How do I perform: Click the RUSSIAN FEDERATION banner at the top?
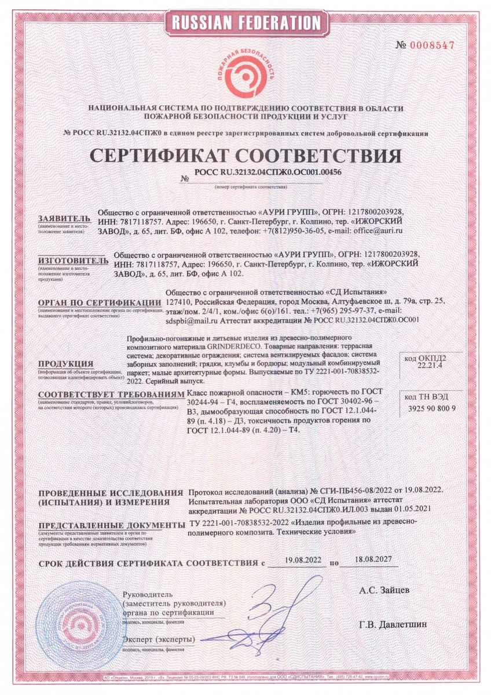click(245, 23)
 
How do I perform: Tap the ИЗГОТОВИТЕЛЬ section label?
click(73, 261)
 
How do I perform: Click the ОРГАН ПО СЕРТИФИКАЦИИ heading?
click(98, 302)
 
